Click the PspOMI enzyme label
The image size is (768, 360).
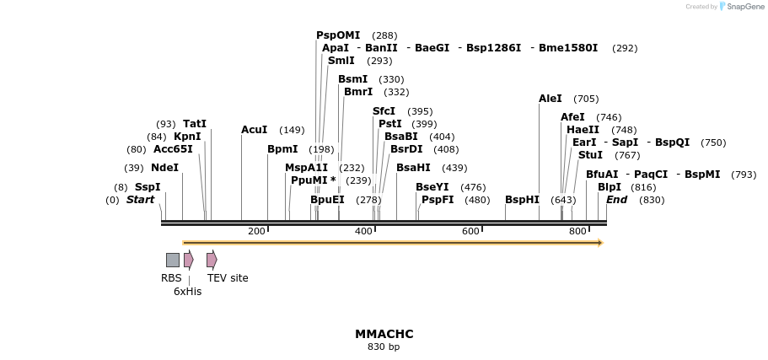337,35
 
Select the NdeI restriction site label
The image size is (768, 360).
164,168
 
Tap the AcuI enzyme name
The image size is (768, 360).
254,130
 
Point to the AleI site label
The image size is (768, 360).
550,99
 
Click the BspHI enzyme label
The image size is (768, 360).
522,200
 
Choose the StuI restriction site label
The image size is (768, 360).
590,155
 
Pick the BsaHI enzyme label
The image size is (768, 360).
413,168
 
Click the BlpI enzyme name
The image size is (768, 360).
609,187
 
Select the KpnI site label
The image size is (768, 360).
187,137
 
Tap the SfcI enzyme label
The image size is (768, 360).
384,111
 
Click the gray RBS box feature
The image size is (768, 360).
172,260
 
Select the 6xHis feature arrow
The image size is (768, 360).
189,260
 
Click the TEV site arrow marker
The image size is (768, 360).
212,260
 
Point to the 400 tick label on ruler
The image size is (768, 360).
363,231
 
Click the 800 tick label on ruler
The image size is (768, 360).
577,231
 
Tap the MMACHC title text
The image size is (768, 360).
384,334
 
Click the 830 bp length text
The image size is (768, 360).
384,347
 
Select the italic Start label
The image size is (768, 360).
141,200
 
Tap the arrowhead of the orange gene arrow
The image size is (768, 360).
600,243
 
